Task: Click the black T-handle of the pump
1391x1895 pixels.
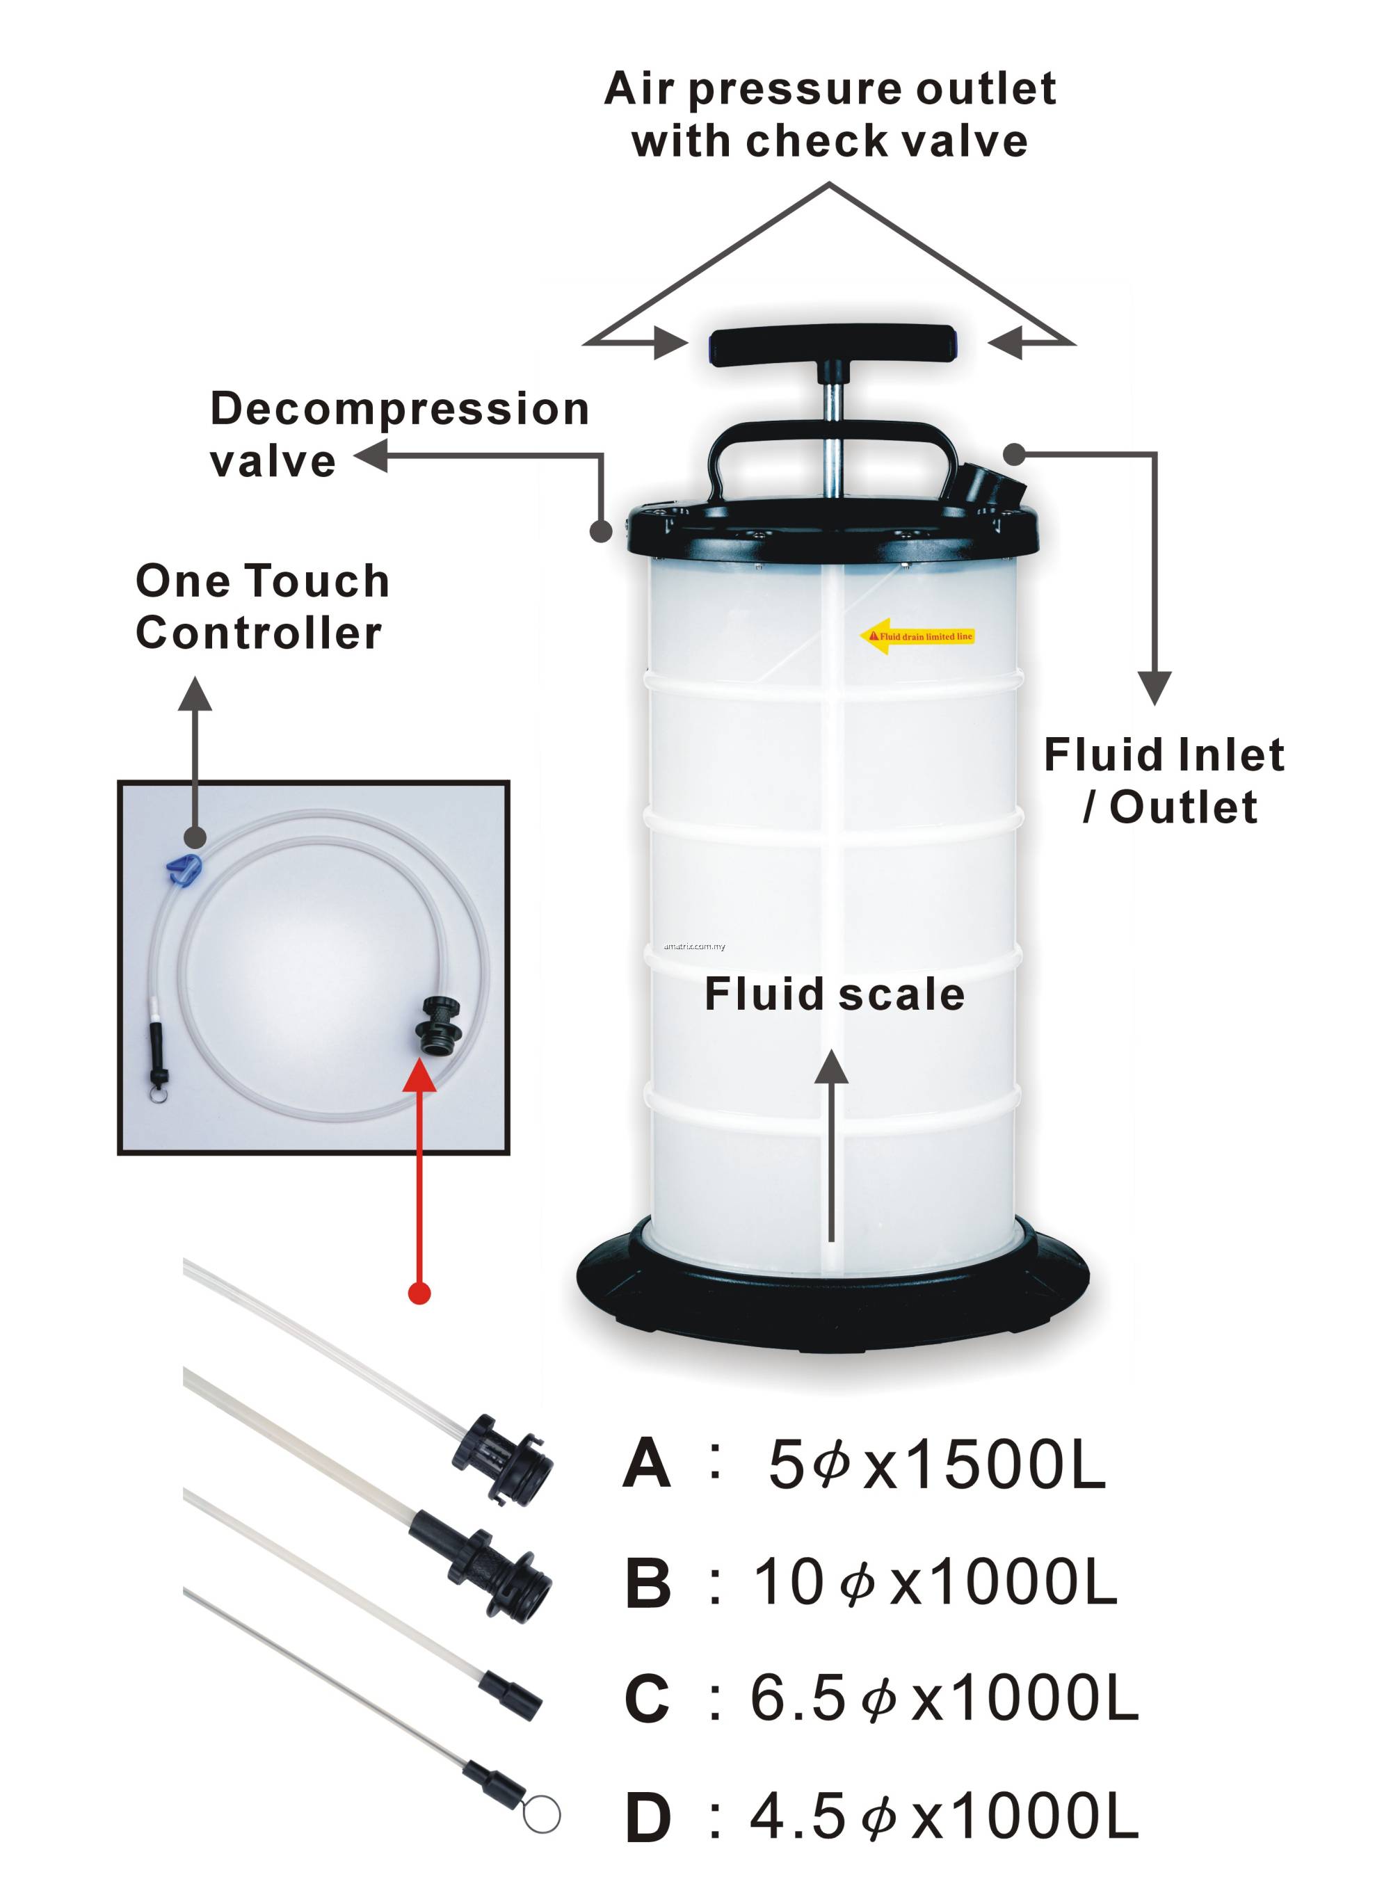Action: point(832,344)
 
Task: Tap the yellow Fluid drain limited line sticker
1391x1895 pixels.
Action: point(918,636)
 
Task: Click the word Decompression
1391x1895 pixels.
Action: point(399,409)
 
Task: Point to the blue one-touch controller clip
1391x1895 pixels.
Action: point(184,868)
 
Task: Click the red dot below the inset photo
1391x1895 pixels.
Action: point(419,1292)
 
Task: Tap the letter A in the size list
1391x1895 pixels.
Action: point(647,1464)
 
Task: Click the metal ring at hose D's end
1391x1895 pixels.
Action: point(541,1814)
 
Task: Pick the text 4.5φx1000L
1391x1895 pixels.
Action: point(943,1816)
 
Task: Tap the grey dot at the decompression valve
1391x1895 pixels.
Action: point(600,531)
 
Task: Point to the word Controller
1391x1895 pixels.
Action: point(259,632)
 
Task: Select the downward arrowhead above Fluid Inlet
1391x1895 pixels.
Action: point(1155,686)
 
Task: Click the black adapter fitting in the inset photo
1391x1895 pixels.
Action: point(439,1024)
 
